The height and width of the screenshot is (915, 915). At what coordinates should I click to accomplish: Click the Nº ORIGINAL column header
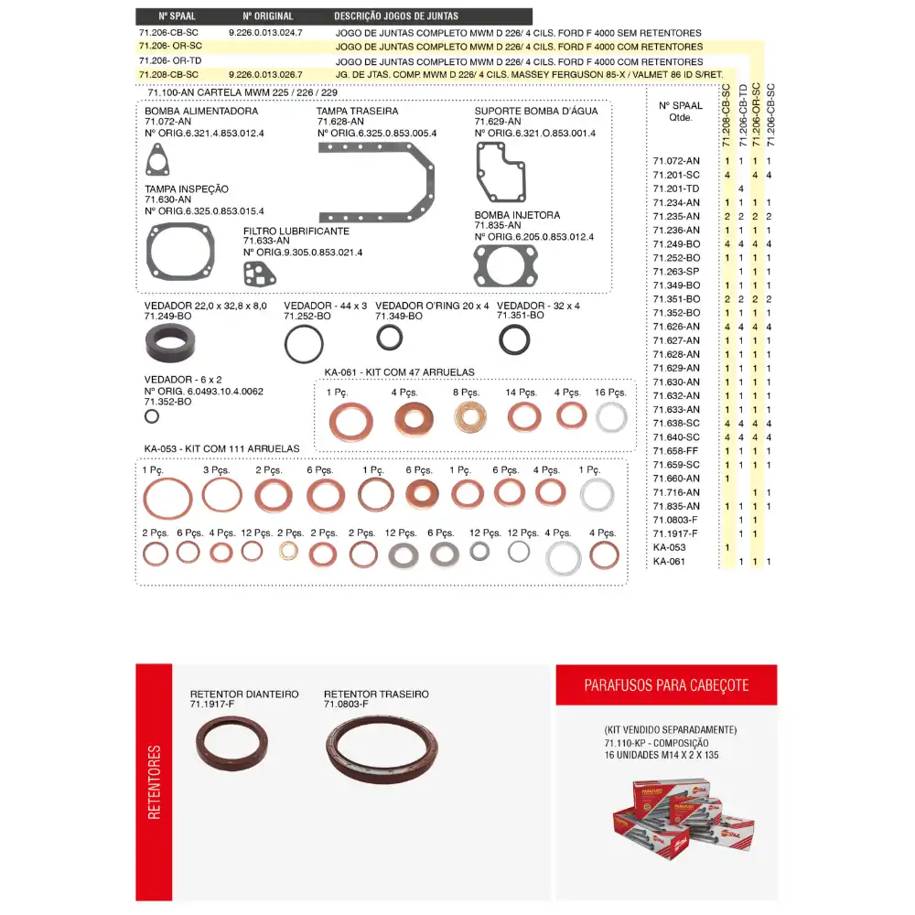267,16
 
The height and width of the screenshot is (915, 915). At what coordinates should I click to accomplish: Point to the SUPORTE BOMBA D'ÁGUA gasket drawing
500,171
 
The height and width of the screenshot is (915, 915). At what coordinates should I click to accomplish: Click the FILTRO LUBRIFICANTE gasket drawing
259,273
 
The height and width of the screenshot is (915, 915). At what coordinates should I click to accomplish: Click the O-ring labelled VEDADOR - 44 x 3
303,345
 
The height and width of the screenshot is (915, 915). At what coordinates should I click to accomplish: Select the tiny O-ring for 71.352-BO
152,416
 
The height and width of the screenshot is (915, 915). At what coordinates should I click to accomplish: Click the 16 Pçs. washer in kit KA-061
611,417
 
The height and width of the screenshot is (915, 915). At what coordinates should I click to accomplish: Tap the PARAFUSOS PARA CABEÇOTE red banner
666,684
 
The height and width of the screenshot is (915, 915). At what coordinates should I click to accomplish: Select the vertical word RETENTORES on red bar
154,781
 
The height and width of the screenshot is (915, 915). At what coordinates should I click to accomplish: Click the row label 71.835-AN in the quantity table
676,506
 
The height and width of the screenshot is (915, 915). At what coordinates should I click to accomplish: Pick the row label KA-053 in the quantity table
669,547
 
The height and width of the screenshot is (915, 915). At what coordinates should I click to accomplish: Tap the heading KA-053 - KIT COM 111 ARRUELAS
222,448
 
